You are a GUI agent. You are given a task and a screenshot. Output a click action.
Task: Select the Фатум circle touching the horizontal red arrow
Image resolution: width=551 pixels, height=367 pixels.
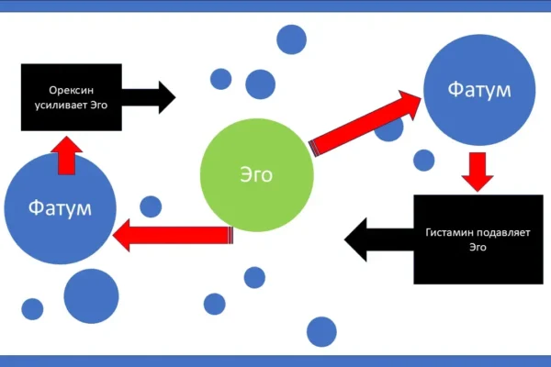point(60,206)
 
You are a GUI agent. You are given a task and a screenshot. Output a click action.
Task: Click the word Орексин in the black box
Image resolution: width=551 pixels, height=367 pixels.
point(72,90)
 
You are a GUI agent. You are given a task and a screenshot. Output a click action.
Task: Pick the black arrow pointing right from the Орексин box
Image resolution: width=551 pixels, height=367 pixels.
point(149,96)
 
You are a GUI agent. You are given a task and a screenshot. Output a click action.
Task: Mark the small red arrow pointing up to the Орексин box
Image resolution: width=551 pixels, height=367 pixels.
point(66,156)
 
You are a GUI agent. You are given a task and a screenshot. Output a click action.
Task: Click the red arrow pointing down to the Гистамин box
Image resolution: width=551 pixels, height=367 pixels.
point(475,171)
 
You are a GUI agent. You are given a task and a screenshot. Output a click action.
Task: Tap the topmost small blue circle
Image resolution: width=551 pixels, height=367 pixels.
point(291,39)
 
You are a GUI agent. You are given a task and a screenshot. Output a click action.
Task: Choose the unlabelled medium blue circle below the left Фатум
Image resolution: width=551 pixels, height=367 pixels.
point(91,295)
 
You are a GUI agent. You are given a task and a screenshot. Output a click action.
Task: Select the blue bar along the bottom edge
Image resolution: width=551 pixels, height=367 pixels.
point(275,361)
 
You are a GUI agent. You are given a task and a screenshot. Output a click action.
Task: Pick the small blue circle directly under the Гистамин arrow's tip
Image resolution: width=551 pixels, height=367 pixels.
point(321,330)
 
